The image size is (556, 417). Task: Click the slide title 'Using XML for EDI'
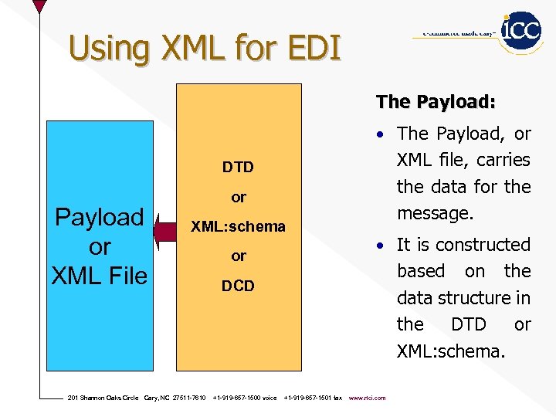[205, 48]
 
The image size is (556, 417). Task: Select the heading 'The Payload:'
[436, 102]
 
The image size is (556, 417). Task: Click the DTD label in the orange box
[238, 168]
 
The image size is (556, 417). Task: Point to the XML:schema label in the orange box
[238, 227]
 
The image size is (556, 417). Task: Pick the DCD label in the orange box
[238, 286]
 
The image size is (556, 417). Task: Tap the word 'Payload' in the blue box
[99, 217]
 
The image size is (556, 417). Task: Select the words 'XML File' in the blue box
[99, 275]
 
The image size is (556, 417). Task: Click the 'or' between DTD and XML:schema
[239, 198]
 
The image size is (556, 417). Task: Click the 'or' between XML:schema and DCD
[239, 256]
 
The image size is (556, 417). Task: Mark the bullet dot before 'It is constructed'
[381, 246]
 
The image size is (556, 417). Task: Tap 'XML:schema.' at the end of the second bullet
[451, 351]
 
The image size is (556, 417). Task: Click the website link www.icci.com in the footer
[367, 398]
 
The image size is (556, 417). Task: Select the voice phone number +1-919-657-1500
[244, 398]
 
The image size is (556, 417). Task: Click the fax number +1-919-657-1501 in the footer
[313, 398]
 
